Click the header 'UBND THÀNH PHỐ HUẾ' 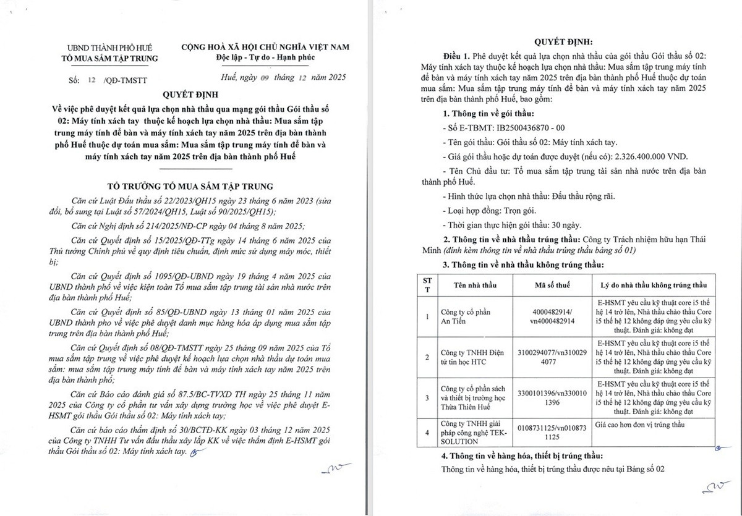tap(113, 48)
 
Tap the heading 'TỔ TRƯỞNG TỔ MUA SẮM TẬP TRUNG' tap(195, 185)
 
